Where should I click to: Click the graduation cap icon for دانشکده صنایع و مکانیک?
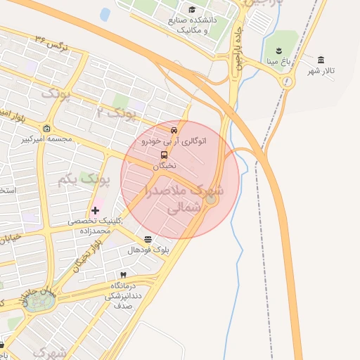tap(192, 9)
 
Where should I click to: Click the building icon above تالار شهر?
tap(321, 59)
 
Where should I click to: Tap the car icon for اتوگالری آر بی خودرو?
tap(174, 130)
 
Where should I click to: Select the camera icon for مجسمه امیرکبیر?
tap(46, 128)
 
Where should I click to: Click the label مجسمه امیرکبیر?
tap(47, 139)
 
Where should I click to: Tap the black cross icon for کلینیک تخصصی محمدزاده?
tap(96, 210)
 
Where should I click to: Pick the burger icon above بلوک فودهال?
tap(148, 239)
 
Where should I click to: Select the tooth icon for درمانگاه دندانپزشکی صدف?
tap(124, 274)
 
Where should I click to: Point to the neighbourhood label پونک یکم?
tap(84, 181)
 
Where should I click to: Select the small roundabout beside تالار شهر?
tap(286, 82)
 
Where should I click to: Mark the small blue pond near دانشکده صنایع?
tap(105, 14)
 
